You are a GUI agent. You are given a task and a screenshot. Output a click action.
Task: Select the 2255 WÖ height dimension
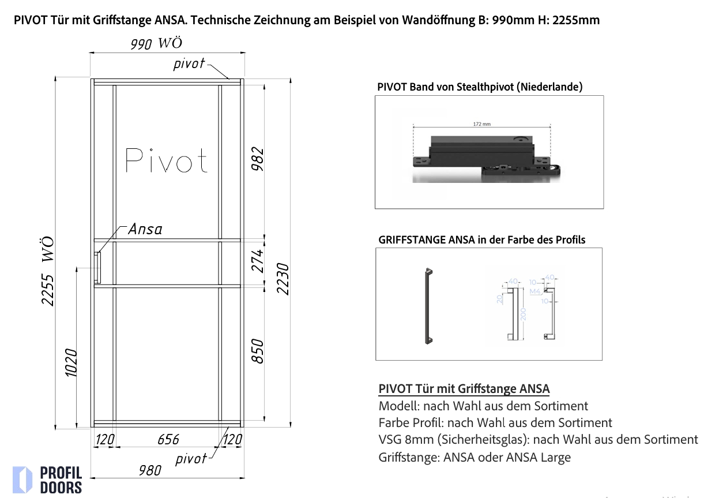coord(48,271)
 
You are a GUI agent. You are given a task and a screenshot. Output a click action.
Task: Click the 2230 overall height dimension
coord(283,278)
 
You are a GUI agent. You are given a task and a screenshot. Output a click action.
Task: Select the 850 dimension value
coord(258,351)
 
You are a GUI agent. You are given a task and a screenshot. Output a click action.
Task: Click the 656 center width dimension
coord(168,440)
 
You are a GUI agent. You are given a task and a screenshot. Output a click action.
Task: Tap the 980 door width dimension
coord(150,470)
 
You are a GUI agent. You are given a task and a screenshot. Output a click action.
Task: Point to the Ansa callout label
coord(145,229)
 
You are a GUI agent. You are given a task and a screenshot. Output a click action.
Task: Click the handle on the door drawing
coord(98,268)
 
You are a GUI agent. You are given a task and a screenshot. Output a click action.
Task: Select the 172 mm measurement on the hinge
coord(481,124)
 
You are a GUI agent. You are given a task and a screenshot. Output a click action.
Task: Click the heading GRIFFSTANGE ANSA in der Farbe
coord(481,239)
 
